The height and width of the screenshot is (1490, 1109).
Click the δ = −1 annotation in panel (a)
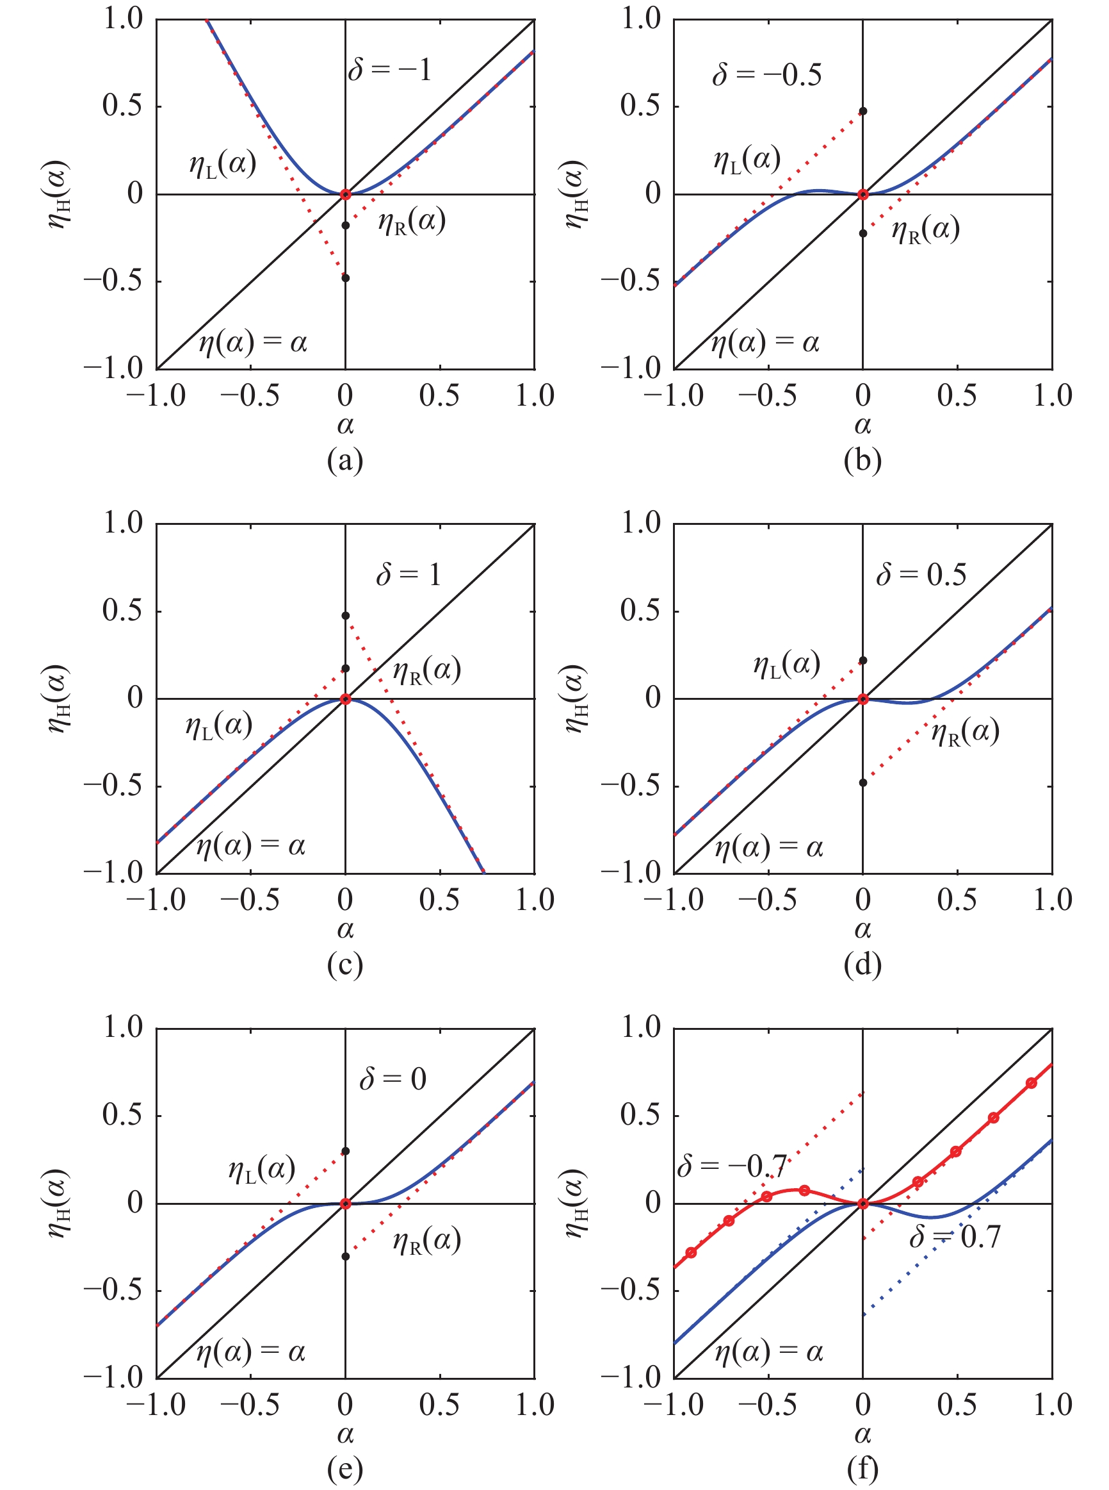coord(389,69)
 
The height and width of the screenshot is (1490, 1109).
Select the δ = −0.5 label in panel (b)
coord(766,74)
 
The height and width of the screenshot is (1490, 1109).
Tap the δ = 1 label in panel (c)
coord(408,574)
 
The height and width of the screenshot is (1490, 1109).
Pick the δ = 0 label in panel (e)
coord(393,1079)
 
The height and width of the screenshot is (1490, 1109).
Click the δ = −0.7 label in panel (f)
coord(732,1166)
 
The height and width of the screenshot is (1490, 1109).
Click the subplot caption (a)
coord(345,460)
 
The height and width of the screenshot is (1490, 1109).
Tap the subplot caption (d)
coord(862,964)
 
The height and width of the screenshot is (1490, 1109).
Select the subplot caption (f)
coord(862,1469)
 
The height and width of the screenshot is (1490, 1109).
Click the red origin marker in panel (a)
coord(346,195)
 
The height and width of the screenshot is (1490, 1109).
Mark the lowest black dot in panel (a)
coord(346,278)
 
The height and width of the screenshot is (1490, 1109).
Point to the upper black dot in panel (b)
coord(863,111)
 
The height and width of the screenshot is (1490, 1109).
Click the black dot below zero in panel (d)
coord(863,782)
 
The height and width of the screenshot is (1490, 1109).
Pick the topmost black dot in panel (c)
coord(346,615)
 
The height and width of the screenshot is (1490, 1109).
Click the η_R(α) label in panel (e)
coord(427,1241)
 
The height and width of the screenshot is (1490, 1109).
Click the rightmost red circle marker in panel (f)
coord(1031,1084)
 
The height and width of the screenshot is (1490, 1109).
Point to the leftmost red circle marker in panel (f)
coord(691,1253)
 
